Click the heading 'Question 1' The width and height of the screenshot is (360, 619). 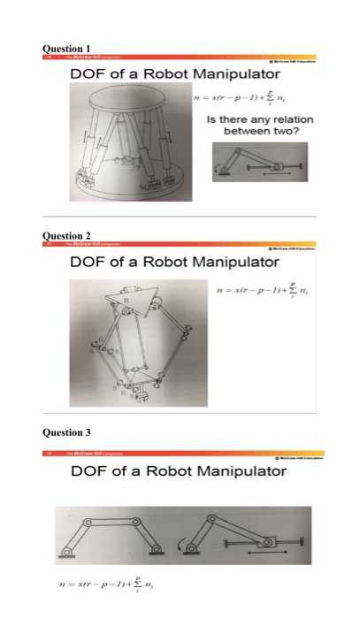70,48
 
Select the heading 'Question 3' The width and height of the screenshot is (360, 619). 70,432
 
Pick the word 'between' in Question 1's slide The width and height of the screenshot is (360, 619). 240,129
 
